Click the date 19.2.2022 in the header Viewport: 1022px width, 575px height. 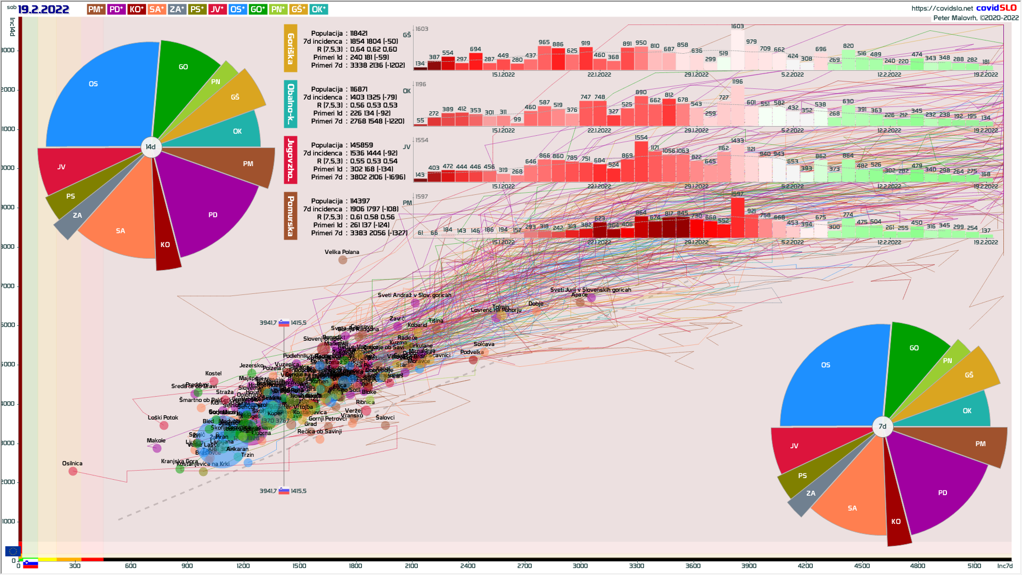[44, 10]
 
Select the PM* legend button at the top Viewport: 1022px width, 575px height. [96, 10]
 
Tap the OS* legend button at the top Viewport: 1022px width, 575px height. [237, 10]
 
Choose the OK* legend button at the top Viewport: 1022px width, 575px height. [318, 10]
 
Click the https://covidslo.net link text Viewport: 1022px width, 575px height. [942, 8]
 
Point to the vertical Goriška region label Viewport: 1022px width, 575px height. [290, 48]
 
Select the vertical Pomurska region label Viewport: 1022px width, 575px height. [290, 216]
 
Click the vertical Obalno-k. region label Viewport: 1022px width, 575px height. [290, 104]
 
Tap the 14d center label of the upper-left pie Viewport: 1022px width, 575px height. [151, 147]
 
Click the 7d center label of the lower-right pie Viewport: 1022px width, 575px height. [883, 426]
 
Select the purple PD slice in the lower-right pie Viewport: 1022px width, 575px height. [937, 484]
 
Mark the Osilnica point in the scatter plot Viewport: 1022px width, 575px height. [73, 471]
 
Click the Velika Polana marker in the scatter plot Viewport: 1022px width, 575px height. [343, 260]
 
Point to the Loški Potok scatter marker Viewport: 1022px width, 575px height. [164, 425]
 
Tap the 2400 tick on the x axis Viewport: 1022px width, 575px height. [468, 566]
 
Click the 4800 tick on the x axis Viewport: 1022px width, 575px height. [918, 566]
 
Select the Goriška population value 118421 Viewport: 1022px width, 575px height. [359, 34]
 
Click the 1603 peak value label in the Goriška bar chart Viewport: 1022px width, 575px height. [737, 27]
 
